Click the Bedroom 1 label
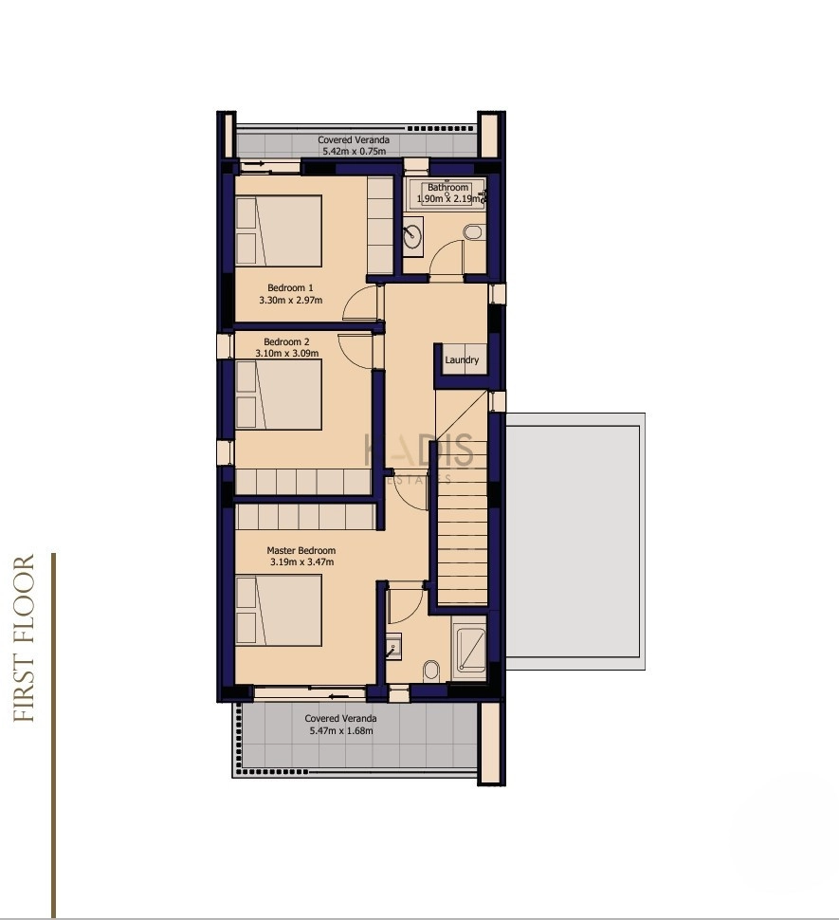290,287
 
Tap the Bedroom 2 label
286,341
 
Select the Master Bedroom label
301,550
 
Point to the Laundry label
462,359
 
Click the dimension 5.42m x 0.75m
355,152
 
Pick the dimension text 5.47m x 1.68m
341,730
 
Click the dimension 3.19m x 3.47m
302,561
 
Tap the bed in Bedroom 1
279,230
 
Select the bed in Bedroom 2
279,395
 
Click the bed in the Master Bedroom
279,610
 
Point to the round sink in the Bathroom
412,233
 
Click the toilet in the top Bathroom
473,231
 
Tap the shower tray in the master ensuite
472,650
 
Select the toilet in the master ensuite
431,670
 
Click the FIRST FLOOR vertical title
24,638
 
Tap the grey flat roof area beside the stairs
575,542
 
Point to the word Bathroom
447,187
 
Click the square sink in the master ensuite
393,645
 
